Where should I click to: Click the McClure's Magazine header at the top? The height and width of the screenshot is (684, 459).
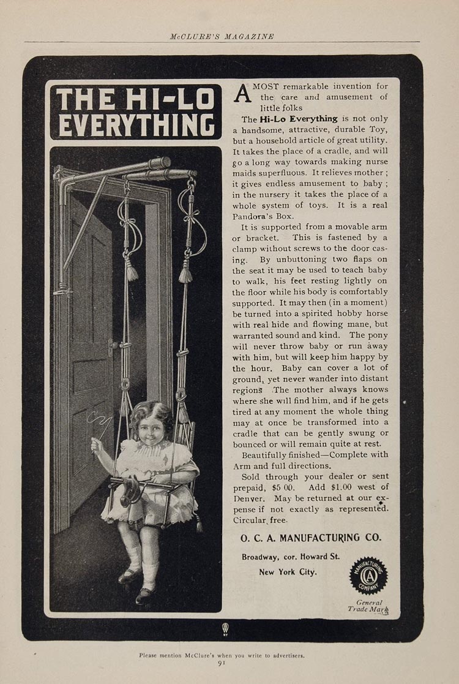pyautogui.click(x=222, y=36)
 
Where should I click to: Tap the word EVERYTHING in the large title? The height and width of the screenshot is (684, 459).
pyautogui.click(x=135, y=125)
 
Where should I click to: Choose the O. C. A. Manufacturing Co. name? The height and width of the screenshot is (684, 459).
pyautogui.click(x=310, y=537)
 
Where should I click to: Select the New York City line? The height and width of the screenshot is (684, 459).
pyautogui.click(x=288, y=572)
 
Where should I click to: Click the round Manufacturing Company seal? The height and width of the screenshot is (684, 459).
pyautogui.click(x=368, y=575)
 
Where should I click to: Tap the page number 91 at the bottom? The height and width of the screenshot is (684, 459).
pyautogui.click(x=222, y=662)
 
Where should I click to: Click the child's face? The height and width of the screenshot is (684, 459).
pyautogui.click(x=150, y=433)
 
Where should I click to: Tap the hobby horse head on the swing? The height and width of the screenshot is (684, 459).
pyautogui.click(x=131, y=489)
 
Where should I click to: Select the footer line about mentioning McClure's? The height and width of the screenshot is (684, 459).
pyautogui.click(x=222, y=655)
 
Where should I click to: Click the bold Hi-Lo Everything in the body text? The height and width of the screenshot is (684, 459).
pyautogui.click(x=298, y=119)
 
